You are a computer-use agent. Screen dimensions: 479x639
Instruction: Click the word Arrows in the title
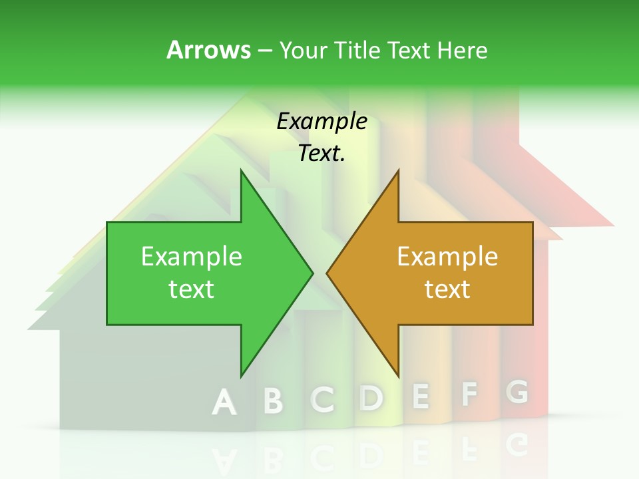pyautogui.click(x=208, y=50)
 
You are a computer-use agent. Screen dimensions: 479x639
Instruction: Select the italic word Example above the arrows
pyautogui.click(x=321, y=121)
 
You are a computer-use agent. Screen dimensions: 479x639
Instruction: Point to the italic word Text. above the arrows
pyautogui.click(x=321, y=153)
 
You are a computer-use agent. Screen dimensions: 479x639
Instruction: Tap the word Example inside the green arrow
pyautogui.click(x=192, y=256)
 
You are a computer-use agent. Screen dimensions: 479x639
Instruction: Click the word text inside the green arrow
pyautogui.click(x=192, y=289)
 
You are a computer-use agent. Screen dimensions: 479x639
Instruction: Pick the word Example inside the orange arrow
pyautogui.click(x=447, y=256)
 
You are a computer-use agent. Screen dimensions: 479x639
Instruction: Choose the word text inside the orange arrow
pyautogui.click(x=447, y=289)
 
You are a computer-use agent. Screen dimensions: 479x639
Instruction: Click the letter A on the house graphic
pyautogui.click(x=224, y=403)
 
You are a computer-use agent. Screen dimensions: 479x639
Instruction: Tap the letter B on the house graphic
pyautogui.click(x=273, y=401)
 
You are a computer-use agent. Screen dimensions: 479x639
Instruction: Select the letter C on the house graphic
pyautogui.click(x=323, y=399)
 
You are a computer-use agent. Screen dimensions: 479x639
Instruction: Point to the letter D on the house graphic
pyautogui.click(x=371, y=397)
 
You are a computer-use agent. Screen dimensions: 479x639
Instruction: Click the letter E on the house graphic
pyautogui.click(x=420, y=396)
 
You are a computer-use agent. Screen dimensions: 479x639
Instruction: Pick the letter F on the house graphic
pyautogui.click(x=469, y=395)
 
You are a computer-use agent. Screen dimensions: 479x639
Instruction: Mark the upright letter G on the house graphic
pyautogui.click(x=517, y=392)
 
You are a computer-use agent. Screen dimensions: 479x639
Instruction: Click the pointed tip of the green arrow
pyautogui.click(x=312, y=273)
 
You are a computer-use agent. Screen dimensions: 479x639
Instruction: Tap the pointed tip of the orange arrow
pyautogui.click(x=327, y=273)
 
